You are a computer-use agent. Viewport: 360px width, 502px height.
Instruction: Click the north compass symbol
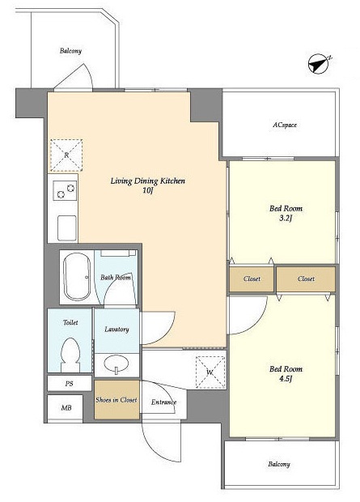click(318, 65)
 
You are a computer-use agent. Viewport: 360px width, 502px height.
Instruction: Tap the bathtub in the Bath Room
click(77, 277)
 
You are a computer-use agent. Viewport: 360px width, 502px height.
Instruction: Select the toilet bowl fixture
click(70, 355)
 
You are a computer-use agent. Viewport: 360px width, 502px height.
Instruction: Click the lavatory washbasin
click(116, 364)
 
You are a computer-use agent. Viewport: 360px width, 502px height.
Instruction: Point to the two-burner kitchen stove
click(65, 190)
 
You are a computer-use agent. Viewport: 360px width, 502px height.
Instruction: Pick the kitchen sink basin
click(67, 228)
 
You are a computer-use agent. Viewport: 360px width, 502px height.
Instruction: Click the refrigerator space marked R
click(66, 155)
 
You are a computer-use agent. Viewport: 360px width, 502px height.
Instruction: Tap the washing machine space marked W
click(210, 372)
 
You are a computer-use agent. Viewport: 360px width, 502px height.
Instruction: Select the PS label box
click(70, 383)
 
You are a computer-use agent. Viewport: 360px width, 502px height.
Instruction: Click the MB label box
click(66, 407)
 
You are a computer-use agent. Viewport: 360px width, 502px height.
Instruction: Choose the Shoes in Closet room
click(116, 399)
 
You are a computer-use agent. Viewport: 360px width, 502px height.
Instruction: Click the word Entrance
click(164, 402)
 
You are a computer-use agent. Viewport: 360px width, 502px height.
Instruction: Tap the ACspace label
click(285, 125)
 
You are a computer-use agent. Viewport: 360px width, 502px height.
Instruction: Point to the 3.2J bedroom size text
click(286, 219)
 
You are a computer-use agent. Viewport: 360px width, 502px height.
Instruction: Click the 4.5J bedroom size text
click(286, 379)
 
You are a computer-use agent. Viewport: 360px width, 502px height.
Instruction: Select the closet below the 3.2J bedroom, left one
click(252, 279)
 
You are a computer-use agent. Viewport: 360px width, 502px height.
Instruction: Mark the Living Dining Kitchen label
click(148, 181)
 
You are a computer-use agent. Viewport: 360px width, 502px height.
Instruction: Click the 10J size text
click(147, 191)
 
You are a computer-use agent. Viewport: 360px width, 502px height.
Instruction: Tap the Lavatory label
click(116, 329)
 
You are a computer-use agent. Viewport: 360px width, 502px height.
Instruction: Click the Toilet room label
click(70, 322)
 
